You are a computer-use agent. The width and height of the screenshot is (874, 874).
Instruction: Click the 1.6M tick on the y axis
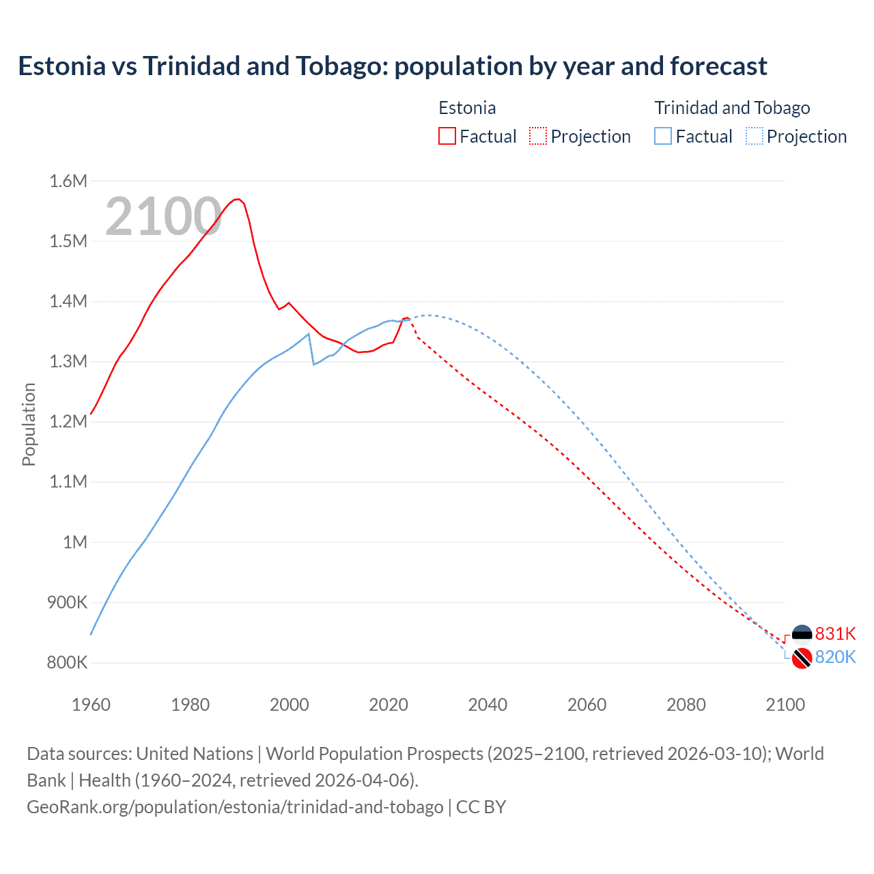tap(68, 181)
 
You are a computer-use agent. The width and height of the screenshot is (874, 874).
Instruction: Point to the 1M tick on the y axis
tap(75, 542)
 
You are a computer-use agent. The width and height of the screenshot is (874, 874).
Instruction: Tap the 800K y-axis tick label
tap(67, 662)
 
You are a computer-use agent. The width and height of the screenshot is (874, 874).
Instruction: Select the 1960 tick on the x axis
tap(91, 705)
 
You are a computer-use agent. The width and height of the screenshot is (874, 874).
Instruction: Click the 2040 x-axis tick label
tap(488, 705)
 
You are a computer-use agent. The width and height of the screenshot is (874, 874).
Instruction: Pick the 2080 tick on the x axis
tap(686, 705)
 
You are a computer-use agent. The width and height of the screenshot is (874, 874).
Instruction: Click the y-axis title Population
tap(29, 424)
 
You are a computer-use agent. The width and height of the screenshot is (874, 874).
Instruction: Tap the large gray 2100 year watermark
tap(163, 216)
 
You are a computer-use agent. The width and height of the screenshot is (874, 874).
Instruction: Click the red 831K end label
tap(835, 634)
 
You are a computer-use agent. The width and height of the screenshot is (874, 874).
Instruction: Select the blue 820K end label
tap(835, 657)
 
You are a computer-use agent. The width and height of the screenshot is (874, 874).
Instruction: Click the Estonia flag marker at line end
tap(802, 634)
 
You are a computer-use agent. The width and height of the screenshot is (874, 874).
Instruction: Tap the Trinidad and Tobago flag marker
tap(802, 659)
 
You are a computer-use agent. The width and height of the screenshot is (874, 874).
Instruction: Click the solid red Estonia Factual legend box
tap(447, 136)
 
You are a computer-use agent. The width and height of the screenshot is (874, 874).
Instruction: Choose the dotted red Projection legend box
tap(538, 136)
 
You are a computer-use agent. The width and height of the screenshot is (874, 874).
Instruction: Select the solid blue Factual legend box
tap(663, 136)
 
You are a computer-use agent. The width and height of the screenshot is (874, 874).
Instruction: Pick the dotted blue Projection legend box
tap(755, 136)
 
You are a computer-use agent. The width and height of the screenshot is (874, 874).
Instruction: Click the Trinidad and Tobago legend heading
tap(732, 108)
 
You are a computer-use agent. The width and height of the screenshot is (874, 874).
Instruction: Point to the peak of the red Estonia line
tap(238, 199)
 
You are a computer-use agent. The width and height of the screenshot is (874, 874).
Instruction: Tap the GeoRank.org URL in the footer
tap(235, 806)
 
